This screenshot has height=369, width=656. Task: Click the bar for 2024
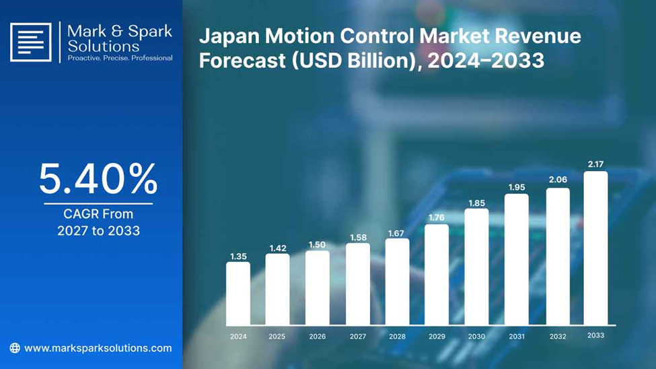pos(238,293)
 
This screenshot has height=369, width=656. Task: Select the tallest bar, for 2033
pos(595,248)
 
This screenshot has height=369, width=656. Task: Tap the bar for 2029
pos(437,274)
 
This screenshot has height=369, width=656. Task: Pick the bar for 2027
pos(358,284)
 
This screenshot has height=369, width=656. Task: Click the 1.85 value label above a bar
pos(476,203)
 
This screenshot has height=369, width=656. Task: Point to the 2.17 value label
pos(595,164)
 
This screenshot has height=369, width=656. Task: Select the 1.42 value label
pos(278,248)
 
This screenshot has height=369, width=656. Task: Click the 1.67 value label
pos(396,233)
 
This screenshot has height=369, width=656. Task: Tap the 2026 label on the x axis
pos(317,336)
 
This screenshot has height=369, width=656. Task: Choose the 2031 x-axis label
pos(517,336)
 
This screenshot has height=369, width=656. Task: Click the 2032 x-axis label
pos(558,336)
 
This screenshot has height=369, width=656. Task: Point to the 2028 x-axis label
pos(397,336)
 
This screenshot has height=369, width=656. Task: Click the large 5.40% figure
pos(98,179)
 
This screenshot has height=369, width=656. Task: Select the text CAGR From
pos(98,214)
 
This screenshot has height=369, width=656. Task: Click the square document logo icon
pos(30,42)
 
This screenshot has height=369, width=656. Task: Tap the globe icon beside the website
pos(15,348)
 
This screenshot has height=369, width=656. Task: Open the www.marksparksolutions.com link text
pos(98,348)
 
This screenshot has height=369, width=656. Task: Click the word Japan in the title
pos(229,36)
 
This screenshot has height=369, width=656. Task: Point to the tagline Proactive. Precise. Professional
pos(120,58)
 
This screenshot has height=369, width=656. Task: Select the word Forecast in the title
pos(242,61)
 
